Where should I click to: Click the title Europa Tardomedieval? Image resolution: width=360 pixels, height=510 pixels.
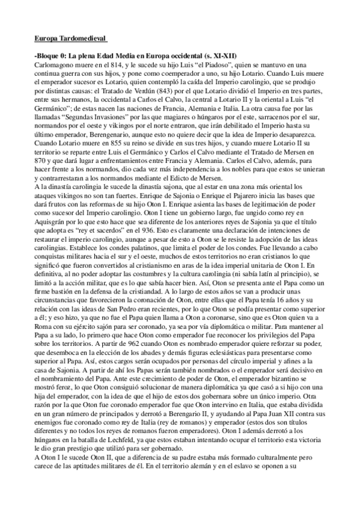coord(70,40)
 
